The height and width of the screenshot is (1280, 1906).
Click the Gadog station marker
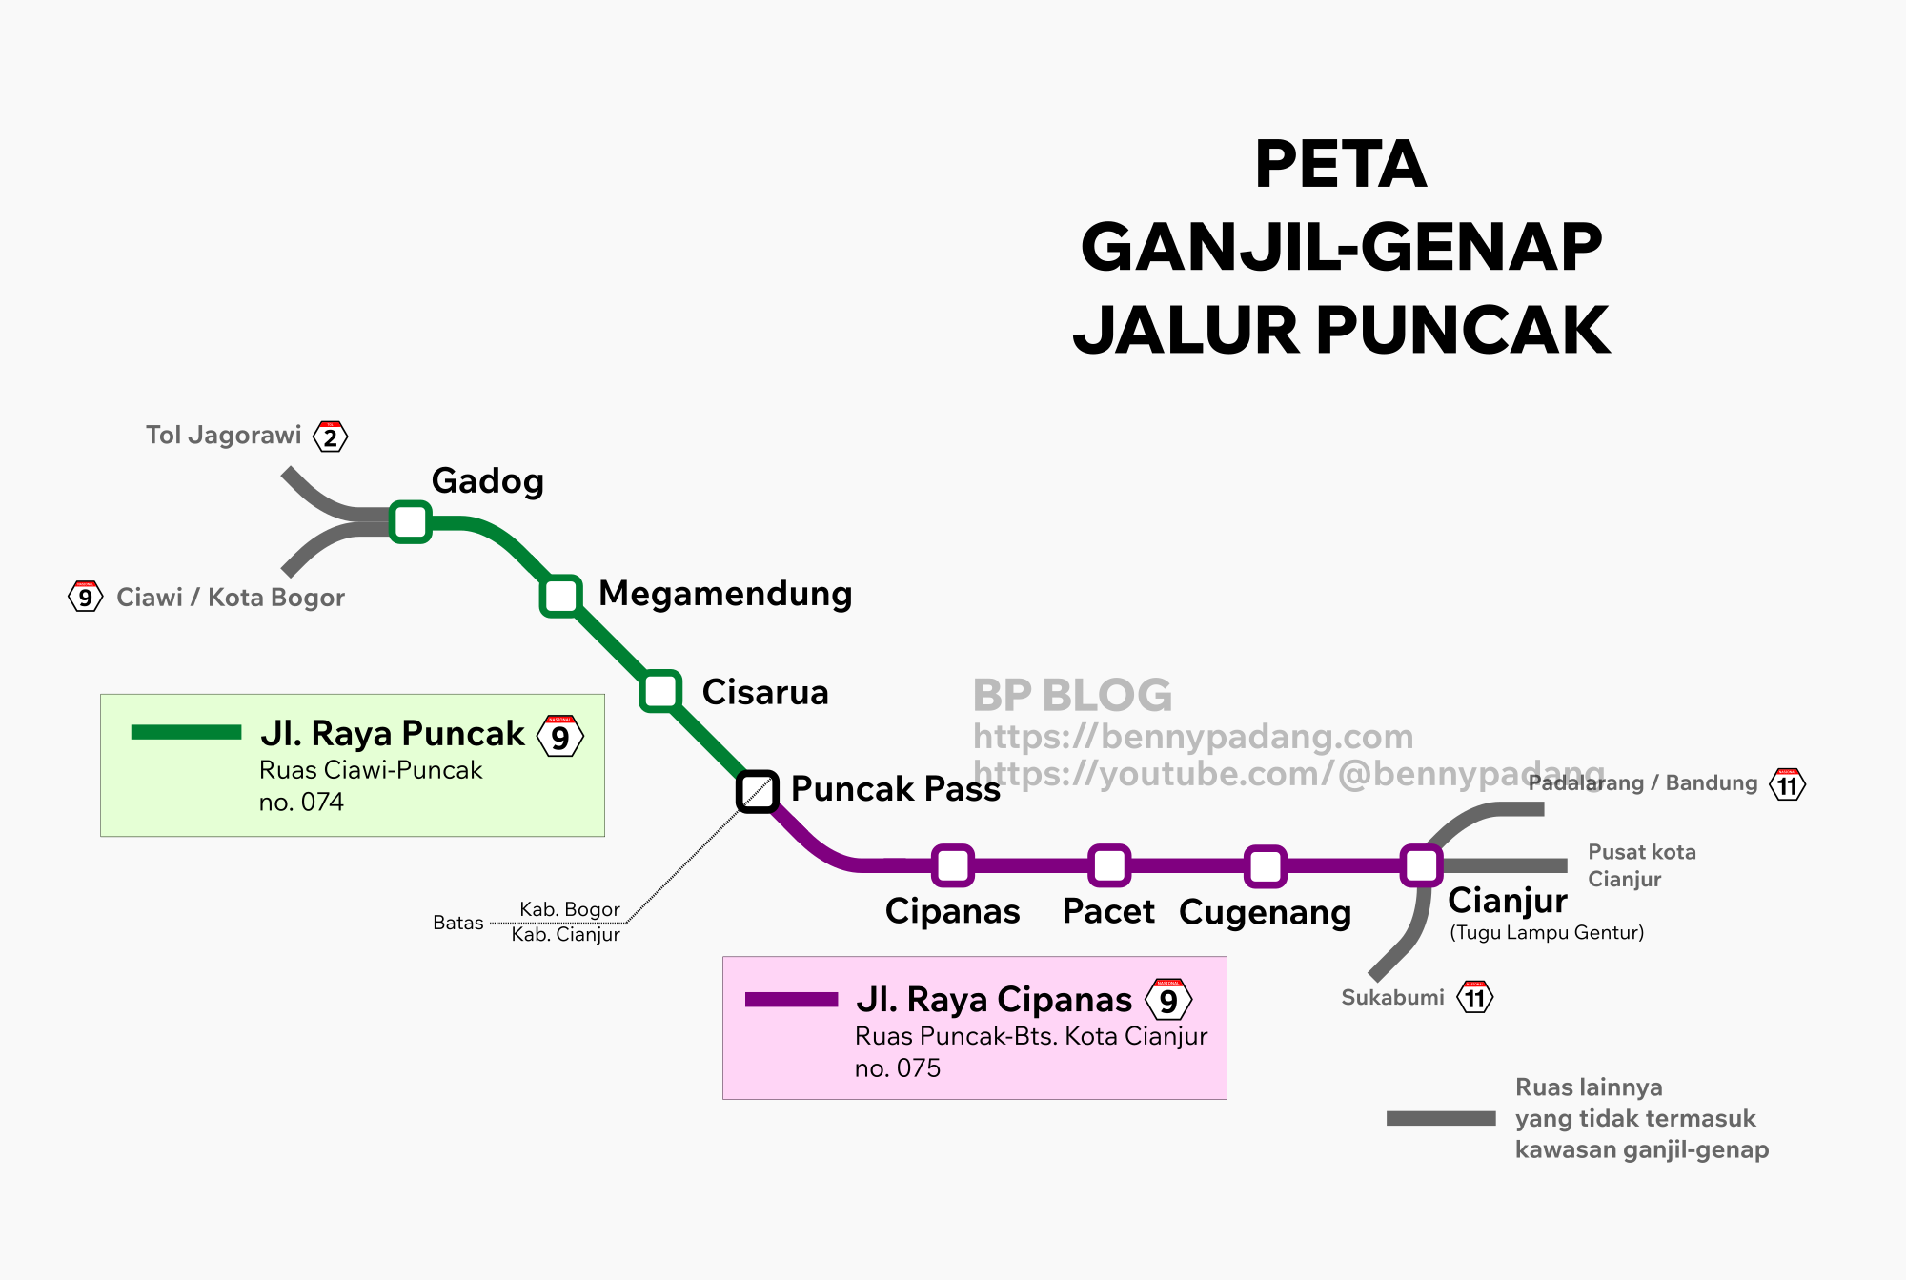click(x=411, y=521)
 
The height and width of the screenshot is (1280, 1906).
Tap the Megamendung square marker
click(x=561, y=596)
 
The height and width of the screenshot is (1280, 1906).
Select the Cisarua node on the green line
click(x=660, y=691)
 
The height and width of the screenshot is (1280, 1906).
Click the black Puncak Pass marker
click(x=758, y=791)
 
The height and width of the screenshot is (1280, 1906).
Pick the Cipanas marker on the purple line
click(x=953, y=865)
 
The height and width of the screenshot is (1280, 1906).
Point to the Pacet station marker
click(x=1109, y=865)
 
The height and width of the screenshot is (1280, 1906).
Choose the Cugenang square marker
click(x=1265, y=865)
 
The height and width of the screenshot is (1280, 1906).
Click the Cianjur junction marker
click(x=1421, y=865)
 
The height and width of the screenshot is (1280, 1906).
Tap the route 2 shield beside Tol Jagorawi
click(x=331, y=437)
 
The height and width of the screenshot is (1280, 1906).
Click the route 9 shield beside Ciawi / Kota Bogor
click(x=85, y=598)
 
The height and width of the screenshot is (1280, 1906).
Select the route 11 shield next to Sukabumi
click(x=1475, y=998)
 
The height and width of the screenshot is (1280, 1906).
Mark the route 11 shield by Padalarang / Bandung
click(x=1787, y=785)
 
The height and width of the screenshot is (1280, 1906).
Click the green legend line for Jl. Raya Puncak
click(x=186, y=732)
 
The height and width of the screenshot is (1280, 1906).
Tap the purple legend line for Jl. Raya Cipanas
click(x=791, y=999)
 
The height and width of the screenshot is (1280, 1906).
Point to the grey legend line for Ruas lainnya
click(x=1441, y=1118)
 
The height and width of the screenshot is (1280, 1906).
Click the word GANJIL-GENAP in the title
click(x=1341, y=247)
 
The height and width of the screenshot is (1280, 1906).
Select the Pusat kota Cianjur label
click(x=1641, y=865)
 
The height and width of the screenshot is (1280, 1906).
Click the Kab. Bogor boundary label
click(x=569, y=909)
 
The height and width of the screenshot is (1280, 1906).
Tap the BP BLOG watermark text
click(x=1072, y=695)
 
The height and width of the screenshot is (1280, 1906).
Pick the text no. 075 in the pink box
click(x=897, y=1068)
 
